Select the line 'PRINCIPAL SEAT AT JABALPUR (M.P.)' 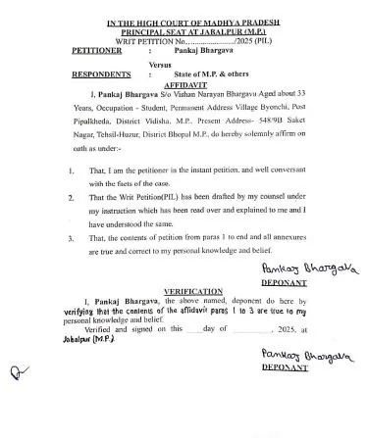coord(183,27)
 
